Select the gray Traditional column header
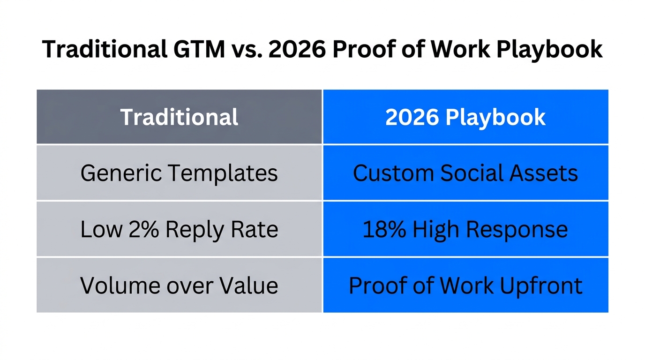[x=179, y=117]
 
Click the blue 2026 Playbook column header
[x=465, y=117]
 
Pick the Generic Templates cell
[x=179, y=173]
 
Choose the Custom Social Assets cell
[x=465, y=173]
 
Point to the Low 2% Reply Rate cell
[x=179, y=229]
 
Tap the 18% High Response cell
[x=465, y=229]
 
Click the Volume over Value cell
[x=179, y=285]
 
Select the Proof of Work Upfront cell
[x=465, y=285]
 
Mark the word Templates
[x=223, y=173]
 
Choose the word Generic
[x=121, y=173]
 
